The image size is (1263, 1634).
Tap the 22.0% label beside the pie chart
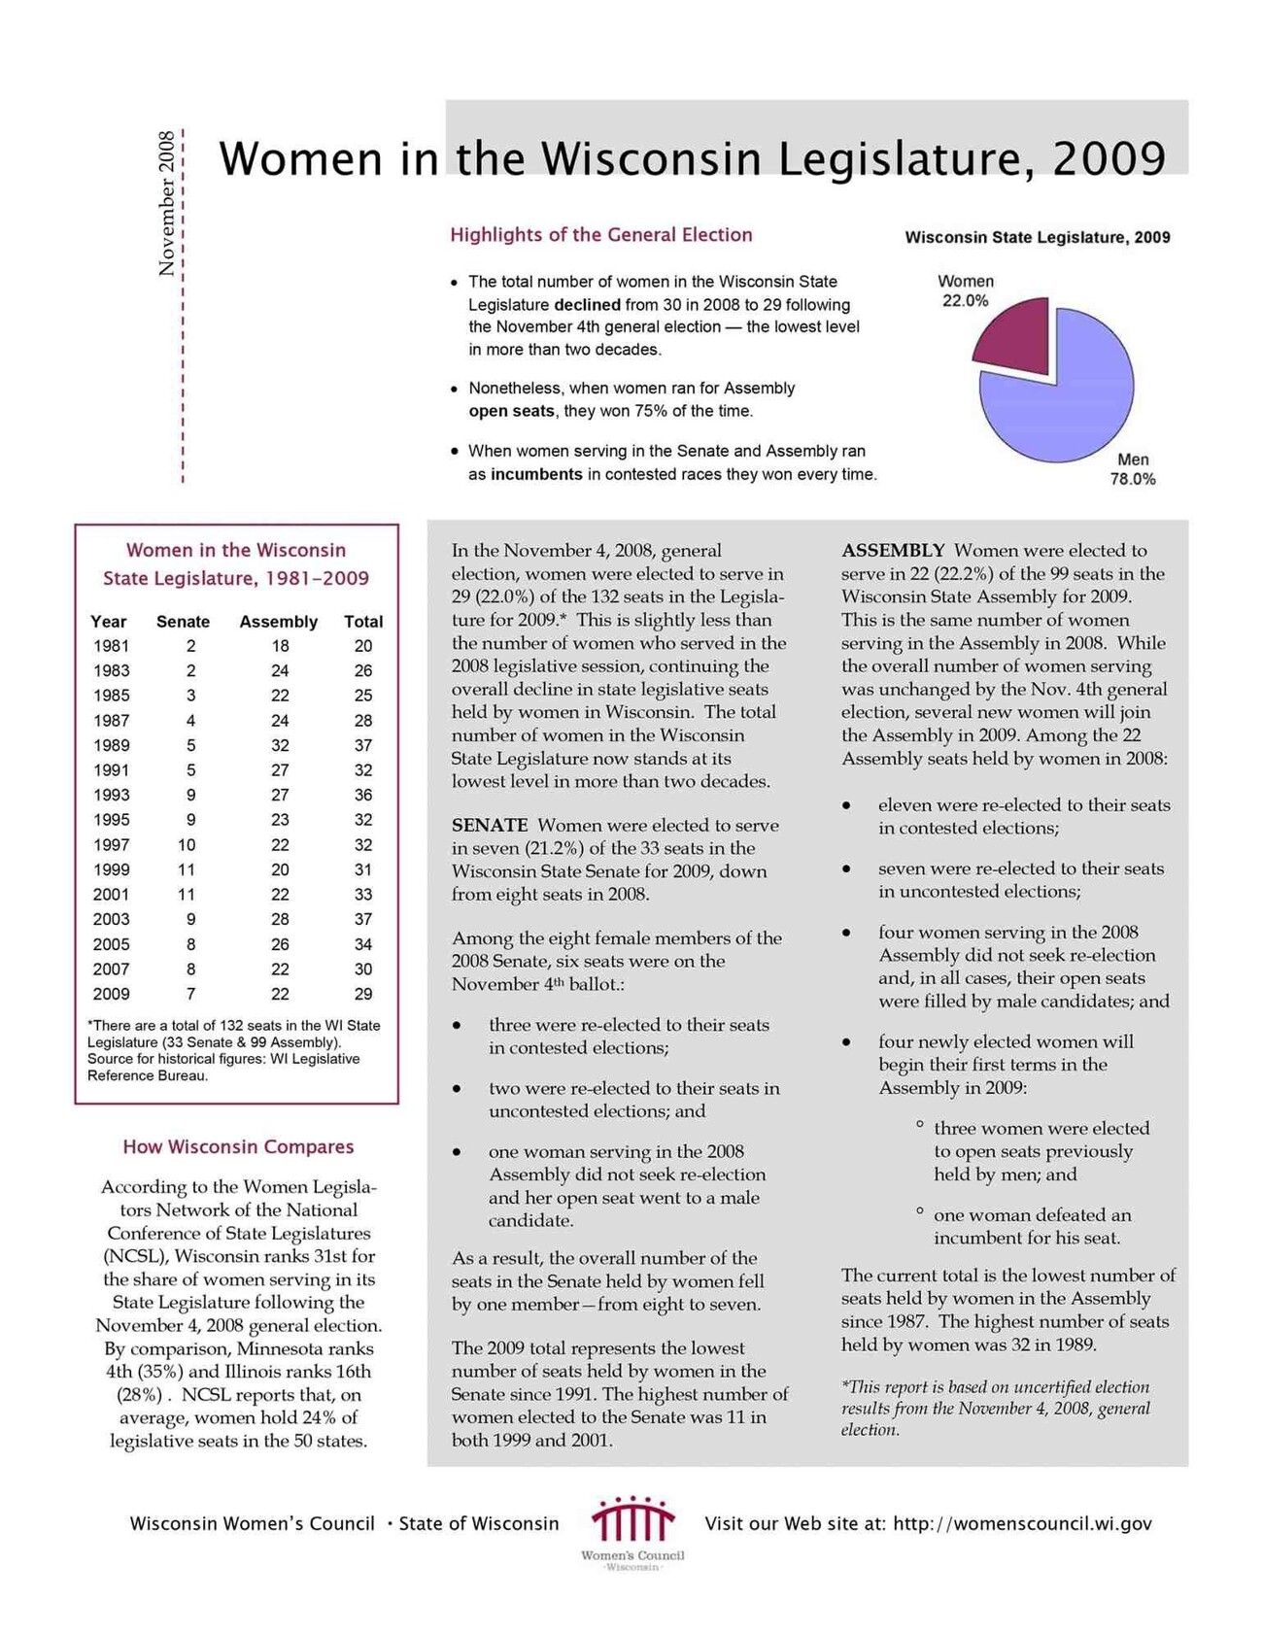965,301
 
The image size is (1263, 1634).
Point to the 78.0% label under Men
1133,479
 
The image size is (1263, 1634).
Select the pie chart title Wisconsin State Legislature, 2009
1037,237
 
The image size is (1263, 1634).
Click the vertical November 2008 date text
166,203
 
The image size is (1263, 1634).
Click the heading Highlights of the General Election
600,235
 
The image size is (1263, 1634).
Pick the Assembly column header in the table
278,622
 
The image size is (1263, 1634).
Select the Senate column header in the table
183,622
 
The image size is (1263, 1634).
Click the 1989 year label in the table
111,746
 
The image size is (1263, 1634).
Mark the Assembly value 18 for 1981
280,646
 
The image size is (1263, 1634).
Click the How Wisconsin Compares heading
238,1147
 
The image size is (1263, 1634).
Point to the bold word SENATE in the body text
490,826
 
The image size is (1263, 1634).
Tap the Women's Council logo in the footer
632,1529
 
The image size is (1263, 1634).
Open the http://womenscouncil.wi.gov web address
1022,1523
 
